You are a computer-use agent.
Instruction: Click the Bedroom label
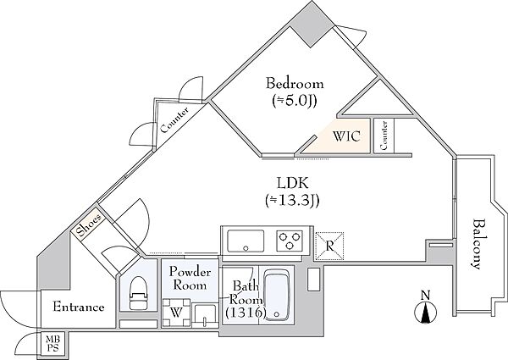[295, 84]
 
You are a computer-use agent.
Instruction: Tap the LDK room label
[293, 184]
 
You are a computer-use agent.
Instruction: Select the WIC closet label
[346, 136]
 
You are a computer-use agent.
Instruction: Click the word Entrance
[79, 307]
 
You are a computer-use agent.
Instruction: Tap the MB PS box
[52, 344]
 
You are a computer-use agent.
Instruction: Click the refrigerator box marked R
[329, 246]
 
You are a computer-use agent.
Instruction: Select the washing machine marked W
[176, 313]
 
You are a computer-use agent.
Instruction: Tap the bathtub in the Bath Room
[277, 295]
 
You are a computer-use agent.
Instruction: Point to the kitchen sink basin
[246, 241]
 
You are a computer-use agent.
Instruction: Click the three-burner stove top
[290, 241]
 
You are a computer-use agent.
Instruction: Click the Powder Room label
[190, 279]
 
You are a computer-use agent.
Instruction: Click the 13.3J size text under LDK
[293, 202]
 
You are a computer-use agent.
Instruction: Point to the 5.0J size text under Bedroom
[294, 102]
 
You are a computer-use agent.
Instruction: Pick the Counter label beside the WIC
[384, 136]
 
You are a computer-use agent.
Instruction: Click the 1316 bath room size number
[246, 313]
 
